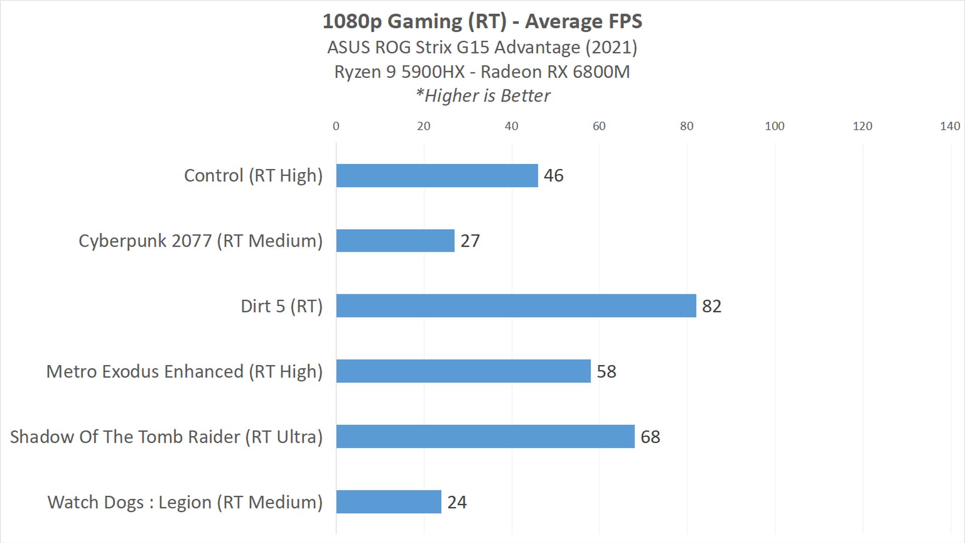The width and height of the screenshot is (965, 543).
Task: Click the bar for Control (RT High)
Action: [x=437, y=175]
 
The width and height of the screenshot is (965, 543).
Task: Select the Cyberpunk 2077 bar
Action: [x=395, y=241]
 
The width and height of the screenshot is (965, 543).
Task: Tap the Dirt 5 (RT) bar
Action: [x=516, y=306]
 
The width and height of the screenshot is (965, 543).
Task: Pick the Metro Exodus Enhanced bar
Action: [x=463, y=371]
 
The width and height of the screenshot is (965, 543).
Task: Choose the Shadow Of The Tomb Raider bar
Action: [x=485, y=436]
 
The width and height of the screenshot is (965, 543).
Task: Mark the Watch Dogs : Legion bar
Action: [x=389, y=502]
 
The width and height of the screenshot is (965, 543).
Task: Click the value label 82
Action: [x=711, y=306]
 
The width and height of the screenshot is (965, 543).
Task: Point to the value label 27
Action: [x=470, y=241]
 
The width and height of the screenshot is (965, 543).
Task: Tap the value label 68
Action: [x=650, y=437]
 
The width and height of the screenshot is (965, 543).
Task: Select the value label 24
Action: [x=457, y=502]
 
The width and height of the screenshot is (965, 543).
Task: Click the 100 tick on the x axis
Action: [x=775, y=126]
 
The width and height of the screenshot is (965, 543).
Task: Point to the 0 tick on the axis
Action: [x=336, y=126]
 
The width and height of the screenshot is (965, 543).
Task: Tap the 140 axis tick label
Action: [x=950, y=126]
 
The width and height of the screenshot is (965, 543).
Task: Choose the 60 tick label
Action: [x=599, y=126]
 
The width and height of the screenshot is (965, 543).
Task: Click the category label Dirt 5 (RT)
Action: [x=281, y=306]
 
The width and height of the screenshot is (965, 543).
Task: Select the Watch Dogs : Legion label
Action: [x=185, y=502]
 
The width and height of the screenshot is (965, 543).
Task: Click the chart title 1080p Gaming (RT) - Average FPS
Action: [x=482, y=21]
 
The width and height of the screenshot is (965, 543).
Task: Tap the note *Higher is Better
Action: [x=482, y=96]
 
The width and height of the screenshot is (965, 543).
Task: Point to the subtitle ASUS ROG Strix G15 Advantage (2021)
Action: [x=482, y=47]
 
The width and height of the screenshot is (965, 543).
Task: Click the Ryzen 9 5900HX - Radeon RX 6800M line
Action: [x=482, y=72]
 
